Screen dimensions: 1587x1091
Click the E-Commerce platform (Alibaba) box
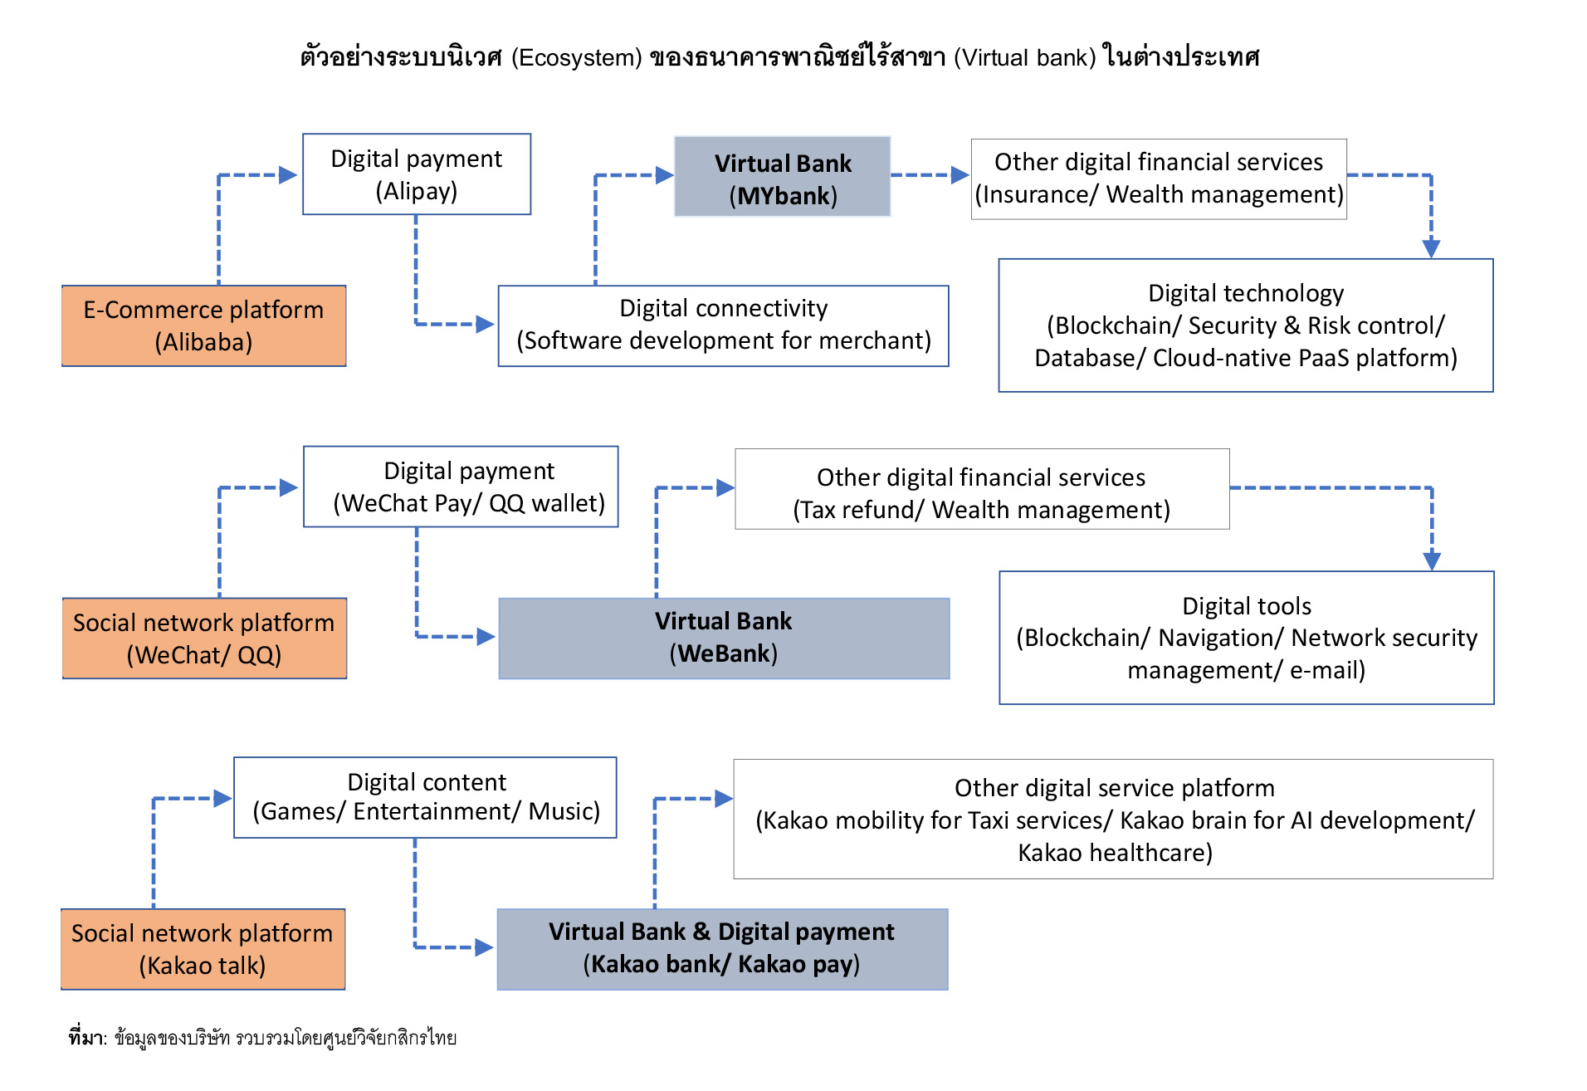coord(204,325)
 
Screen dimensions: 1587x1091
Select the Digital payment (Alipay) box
coord(417,174)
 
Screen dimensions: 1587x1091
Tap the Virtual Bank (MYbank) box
coord(783,177)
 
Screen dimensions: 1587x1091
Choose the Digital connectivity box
coord(723,325)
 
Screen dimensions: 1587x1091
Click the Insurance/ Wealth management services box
coord(1159,179)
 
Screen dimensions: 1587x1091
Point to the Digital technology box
coord(1246,325)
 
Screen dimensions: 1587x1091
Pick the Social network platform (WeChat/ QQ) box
coord(204,638)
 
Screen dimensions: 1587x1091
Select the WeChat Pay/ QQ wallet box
coord(461,487)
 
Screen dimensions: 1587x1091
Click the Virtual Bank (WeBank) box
coord(724,638)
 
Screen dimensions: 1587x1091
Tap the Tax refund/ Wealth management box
coord(982,489)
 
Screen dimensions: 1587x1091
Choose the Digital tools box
coord(1247,638)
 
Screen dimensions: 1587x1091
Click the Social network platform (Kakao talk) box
coord(203,949)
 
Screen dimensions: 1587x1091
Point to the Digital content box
coord(425,797)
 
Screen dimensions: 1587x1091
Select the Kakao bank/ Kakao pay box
coord(722,949)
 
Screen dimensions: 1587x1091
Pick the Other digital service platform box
coord(1113,819)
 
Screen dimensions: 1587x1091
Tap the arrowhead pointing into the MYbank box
coord(664,175)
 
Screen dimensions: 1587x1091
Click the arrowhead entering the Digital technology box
coord(1431,248)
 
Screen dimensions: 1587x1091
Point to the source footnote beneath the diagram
coord(262,1038)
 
